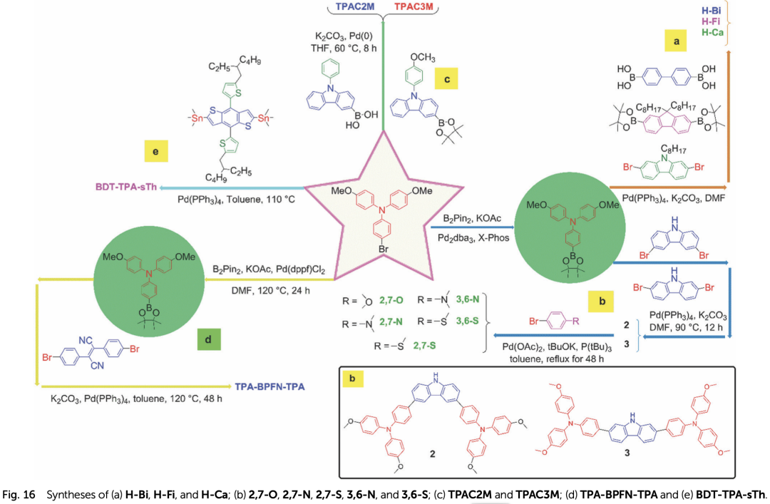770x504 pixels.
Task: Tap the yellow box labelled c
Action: pyautogui.click(x=447, y=78)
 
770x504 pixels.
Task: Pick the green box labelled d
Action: pyautogui.click(x=208, y=339)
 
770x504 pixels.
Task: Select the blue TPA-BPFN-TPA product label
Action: pyautogui.click(x=269, y=386)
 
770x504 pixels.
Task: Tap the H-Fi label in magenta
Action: pyautogui.click(x=712, y=21)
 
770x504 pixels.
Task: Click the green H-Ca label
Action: pyautogui.click(x=713, y=32)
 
